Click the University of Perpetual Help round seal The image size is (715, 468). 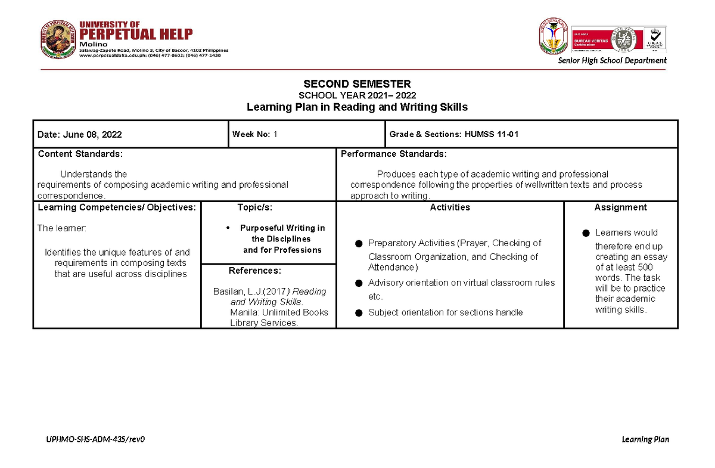(x=58, y=39)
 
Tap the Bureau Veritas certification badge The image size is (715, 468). (x=596, y=39)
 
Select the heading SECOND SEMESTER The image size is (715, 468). (x=357, y=84)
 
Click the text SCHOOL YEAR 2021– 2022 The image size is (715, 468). (x=357, y=95)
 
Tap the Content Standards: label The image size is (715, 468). (x=80, y=154)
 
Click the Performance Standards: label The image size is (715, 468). (x=393, y=154)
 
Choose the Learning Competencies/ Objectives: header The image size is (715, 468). (x=117, y=207)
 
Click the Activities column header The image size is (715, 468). (x=450, y=207)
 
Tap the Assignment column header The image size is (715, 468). (x=620, y=207)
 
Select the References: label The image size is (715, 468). (x=254, y=271)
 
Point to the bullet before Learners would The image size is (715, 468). (x=586, y=233)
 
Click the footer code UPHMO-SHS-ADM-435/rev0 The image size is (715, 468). (x=96, y=439)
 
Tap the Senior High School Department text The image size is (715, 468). (x=612, y=60)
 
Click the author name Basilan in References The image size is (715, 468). (x=227, y=292)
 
